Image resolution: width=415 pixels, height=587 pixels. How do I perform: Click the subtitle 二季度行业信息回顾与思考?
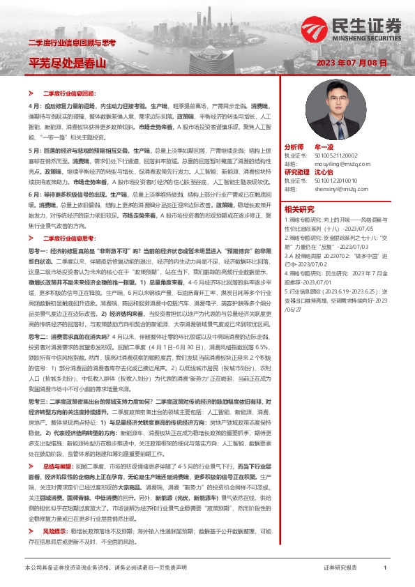coord(71,43)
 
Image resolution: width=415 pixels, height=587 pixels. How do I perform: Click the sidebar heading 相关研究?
coord(300,208)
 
